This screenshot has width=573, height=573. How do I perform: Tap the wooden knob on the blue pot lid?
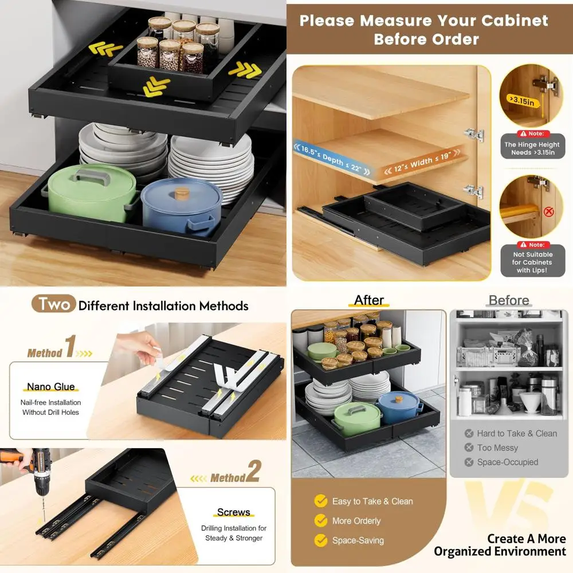tap(182, 193)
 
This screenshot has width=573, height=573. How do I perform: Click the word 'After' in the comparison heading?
tap(368, 300)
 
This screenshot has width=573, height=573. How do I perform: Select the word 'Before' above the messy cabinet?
tap(508, 300)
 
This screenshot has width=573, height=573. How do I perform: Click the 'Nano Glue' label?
tap(51, 387)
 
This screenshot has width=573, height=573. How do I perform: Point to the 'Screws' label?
tap(233, 512)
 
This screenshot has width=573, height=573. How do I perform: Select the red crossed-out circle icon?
tap(549, 212)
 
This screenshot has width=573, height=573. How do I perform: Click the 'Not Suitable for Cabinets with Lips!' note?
tap(533, 262)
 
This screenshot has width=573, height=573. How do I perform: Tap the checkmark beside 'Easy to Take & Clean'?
tap(321, 501)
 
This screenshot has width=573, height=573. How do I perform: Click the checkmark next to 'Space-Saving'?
tap(321, 540)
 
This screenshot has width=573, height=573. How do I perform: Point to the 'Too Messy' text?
tap(497, 448)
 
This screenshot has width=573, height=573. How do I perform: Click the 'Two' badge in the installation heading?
tap(54, 304)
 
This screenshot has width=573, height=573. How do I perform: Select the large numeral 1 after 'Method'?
tap(70, 347)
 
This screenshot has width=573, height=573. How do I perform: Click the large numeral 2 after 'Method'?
tap(254, 472)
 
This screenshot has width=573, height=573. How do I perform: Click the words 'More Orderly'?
tap(356, 521)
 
